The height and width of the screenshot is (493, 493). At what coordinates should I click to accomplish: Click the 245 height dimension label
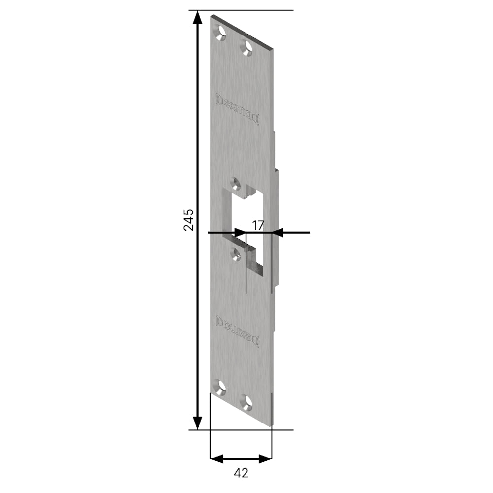pyautogui.click(x=188, y=220)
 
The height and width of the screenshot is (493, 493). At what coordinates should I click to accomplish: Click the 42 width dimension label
pyautogui.click(x=241, y=473)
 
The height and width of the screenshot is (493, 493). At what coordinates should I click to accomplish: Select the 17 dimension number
pyautogui.click(x=258, y=226)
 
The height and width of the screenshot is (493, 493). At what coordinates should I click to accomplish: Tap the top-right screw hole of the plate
pyautogui.click(x=246, y=47)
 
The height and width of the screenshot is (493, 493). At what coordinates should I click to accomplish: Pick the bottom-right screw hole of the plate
pyautogui.click(x=246, y=401)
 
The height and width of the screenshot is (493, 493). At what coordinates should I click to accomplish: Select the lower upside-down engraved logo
pyautogui.click(x=238, y=329)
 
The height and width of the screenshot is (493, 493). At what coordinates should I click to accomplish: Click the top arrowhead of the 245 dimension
pyautogui.click(x=198, y=17)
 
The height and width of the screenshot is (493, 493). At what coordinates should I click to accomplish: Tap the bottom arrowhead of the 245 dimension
pyautogui.click(x=198, y=423)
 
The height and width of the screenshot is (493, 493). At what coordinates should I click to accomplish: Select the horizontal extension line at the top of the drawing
pyautogui.click(x=241, y=10)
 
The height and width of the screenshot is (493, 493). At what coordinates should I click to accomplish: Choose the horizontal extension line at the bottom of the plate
pyautogui.click(x=241, y=430)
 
